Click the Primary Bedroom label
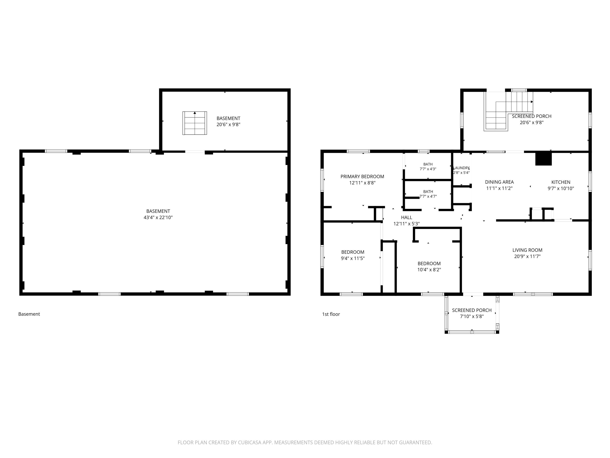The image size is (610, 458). click(x=362, y=177)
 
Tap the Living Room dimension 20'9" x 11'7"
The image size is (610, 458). click(x=527, y=256)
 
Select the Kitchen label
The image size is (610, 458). click(x=561, y=182)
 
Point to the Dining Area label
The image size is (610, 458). click(x=499, y=182)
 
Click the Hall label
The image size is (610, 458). click(x=406, y=218)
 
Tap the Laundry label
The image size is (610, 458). click(x=461, y=168)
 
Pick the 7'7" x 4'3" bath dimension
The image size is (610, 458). click(x=428, y=169)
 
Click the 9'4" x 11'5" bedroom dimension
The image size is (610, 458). click(x=353, y=258)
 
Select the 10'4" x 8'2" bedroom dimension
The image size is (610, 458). click(x=429, y=270)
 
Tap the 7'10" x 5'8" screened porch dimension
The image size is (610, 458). click(x=472, y=316)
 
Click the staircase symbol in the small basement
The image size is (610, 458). click(x=195, y=123)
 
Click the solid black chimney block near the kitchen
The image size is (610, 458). click(x=543, y=159)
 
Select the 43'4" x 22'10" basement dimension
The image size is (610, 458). click(x=158, y=218)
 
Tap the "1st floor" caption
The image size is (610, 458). click(x=331, y=314)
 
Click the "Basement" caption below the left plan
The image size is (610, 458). click(x=29, y=314)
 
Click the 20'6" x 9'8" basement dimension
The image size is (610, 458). click(x=228, y=125)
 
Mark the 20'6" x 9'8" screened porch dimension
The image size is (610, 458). click(x=531, y=123)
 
